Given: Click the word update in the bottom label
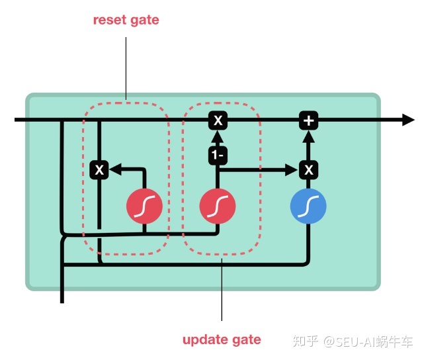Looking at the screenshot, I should pyautogui.click(x=204, y=340).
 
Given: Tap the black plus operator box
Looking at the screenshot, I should pyautogui.click(x=308, y=120).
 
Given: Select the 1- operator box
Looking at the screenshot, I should pyautogui.click(x=218, y=156).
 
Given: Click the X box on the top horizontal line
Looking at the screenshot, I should pyautogui.click(x=218, y=120).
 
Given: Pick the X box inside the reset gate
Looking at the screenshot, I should pyautogui.click(x=99, y=170).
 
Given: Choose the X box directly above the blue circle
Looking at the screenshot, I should pyautogui.click(x=308, y=170).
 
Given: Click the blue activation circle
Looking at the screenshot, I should pyautogui.click(x=308, y=208).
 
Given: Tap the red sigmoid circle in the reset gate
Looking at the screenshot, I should pyautogui.click(x=144, y=208).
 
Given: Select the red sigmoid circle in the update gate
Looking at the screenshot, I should pyautogui.click(x=218, y=208).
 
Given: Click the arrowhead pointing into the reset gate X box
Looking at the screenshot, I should pyautogui.click(x=114, y=170).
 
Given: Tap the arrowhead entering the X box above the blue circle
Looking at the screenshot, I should pyautogui.click(x=292, y=170).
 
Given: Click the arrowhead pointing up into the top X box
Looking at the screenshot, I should pyautogui.click(x=218, y=136).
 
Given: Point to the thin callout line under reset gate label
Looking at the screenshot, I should pyautogui.click(x=126, y=66).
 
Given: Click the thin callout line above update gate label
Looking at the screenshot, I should pyautogui.click(x=222, y=291).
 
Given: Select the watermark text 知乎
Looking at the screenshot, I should pyautogui.click(x=307, y=341).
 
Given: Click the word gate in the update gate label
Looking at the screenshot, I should pyautogui.click(x=246, y=340).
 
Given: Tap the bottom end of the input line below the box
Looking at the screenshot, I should pyautogui.click(x=62, y=301).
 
